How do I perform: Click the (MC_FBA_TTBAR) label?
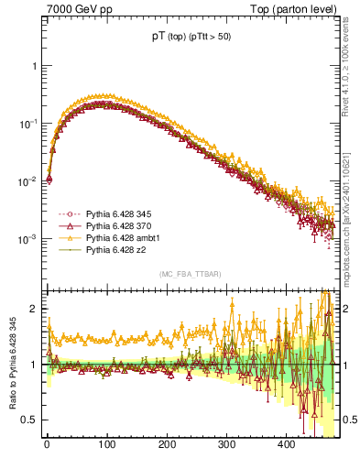pyautogui.click(x=190, y=274)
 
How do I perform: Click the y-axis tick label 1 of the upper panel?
pyautogui.click(x=34, y=66)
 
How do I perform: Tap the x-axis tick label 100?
pyautogui.click(x=106, y=444)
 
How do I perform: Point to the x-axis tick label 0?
pyautogui.click(x=47, y=444)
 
